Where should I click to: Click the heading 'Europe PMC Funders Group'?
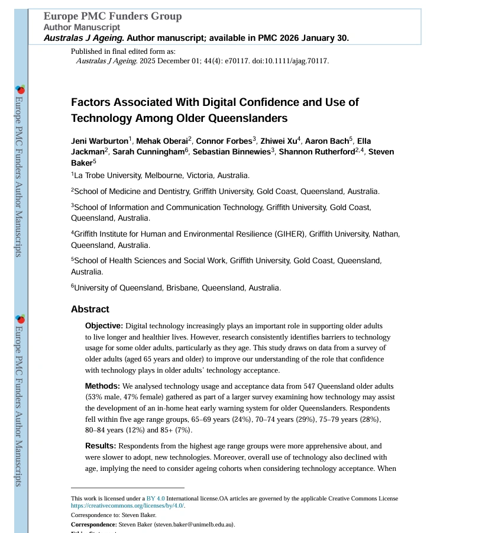point(112,17)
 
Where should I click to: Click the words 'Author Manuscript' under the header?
point(82,27)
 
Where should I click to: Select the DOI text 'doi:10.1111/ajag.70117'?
point(289,61)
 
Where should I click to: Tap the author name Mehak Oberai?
point(161,141)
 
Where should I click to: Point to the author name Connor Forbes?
point(224,141)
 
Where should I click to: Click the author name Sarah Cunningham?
point(148,152)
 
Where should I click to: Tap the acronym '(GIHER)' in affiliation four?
point(289,234)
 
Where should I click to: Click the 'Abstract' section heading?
point(90,309)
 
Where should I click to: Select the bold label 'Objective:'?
point(104,326)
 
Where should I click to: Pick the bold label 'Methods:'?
point(102,386)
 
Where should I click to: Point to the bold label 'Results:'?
point(101,446)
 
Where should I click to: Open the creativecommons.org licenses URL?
point(127,506)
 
